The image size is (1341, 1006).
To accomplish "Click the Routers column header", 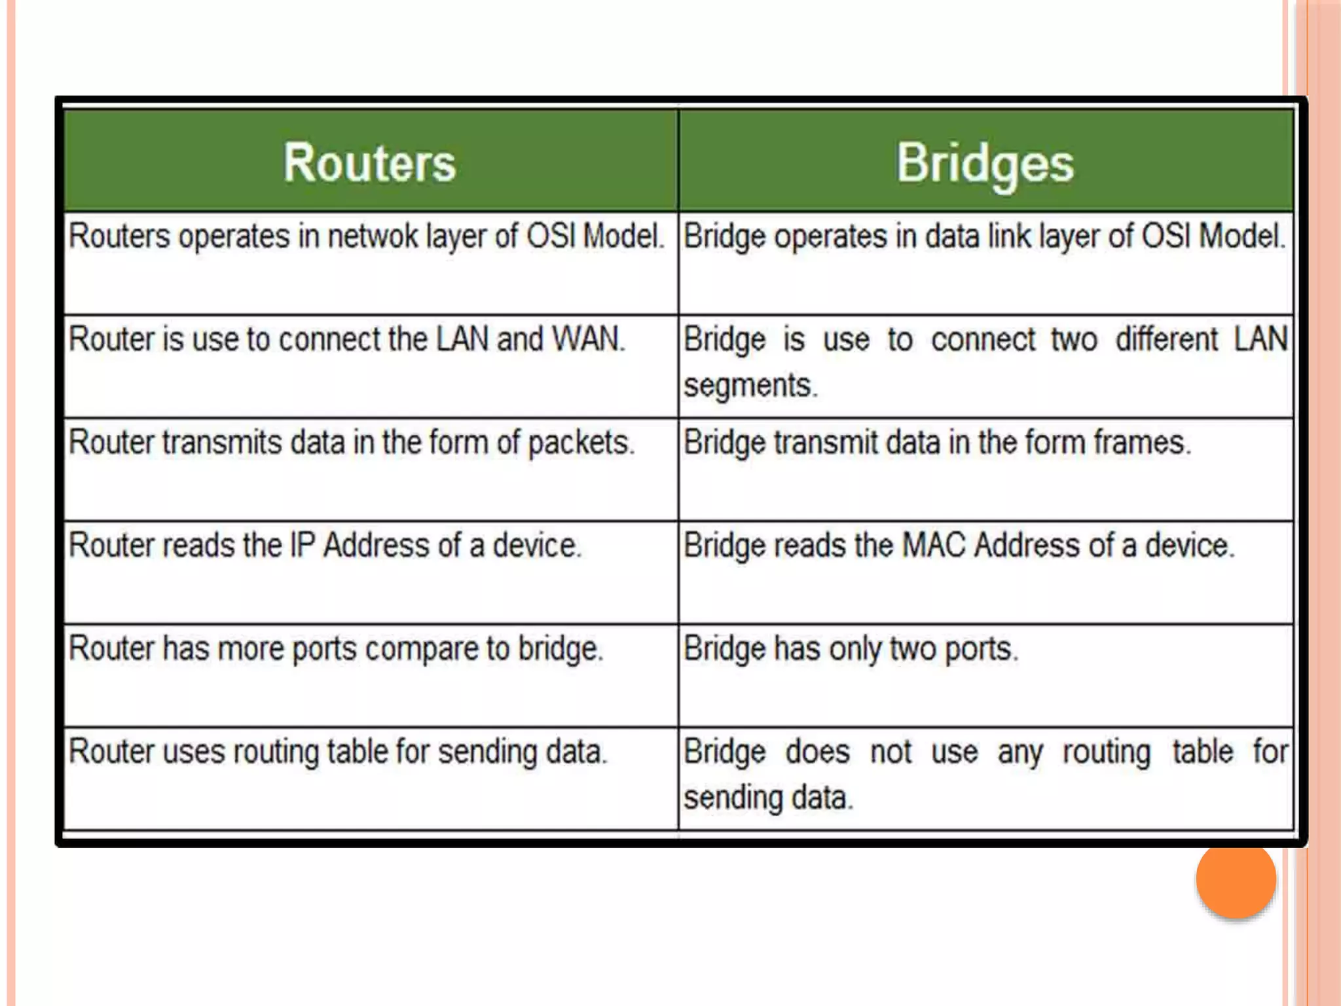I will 369,162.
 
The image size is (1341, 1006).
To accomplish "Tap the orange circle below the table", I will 1236,879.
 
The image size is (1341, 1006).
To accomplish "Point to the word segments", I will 750,385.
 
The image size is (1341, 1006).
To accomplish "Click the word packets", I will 581,443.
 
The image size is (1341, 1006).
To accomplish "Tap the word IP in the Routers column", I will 302,546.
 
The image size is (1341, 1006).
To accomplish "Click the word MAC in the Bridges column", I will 934,546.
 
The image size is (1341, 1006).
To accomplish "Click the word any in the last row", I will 1020,753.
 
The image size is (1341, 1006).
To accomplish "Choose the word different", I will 1167,339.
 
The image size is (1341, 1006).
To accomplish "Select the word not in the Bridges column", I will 891,752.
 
